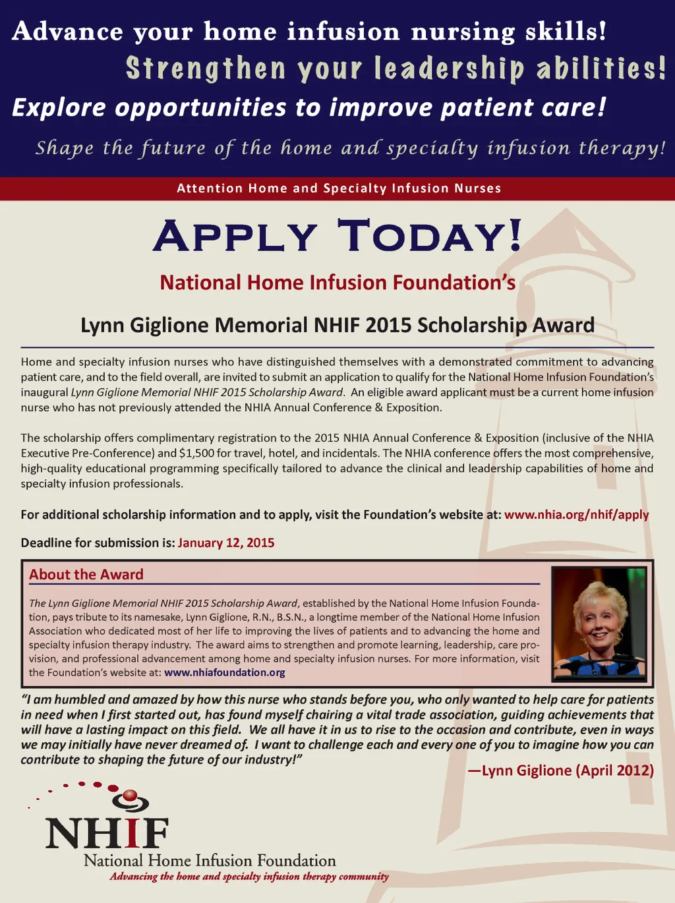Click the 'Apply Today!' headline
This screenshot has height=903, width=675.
(337, 236)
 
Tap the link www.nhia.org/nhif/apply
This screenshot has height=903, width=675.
(576, 515)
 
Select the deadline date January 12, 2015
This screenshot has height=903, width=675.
(226, 543)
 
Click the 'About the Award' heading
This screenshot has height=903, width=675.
(86, 575)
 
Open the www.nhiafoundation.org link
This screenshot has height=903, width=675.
(225, 673)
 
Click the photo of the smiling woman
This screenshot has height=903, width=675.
(599, 624)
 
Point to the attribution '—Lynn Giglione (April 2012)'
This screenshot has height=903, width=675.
(560, 771)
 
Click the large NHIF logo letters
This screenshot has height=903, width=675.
(107, 833)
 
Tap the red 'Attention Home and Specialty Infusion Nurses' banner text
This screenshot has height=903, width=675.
(339, 189)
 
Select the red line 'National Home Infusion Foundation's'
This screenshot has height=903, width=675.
(337, 283)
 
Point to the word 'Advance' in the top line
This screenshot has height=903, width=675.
(68, 32)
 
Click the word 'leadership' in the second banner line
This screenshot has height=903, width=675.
(449, 69)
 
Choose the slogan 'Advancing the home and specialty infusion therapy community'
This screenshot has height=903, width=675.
(249, 877)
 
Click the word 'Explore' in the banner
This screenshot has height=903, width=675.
(59, 108)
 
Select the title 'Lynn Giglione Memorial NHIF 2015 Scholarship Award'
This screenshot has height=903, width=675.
(337, 326)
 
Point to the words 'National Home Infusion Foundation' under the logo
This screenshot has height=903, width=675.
(210, 861)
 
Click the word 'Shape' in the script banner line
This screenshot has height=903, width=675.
(65, 148)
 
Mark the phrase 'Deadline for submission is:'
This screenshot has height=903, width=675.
(98, 543)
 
